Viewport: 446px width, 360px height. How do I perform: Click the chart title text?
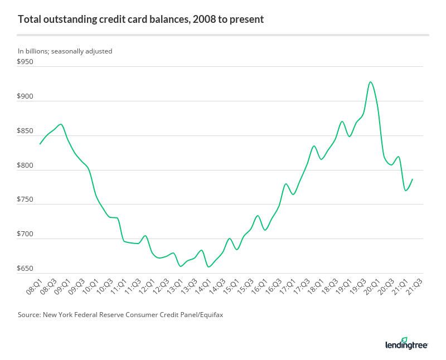(141, 20)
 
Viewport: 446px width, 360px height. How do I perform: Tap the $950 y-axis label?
(26, 62)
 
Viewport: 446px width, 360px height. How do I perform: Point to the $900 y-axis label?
(26, 96)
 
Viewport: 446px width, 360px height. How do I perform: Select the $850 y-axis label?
(26, 131)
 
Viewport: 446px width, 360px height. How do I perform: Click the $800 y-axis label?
(26, 166)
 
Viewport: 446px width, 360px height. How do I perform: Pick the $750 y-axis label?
(26, 200)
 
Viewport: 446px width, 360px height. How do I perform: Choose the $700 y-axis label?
(26, 235)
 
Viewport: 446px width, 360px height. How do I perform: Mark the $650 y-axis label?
(26, 269)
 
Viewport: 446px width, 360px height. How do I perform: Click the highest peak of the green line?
(370, 82)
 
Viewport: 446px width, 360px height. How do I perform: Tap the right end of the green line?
(412, 179)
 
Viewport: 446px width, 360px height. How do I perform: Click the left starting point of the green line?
(40, 144)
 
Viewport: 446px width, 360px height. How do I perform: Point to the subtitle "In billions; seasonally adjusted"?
(65, 51)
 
